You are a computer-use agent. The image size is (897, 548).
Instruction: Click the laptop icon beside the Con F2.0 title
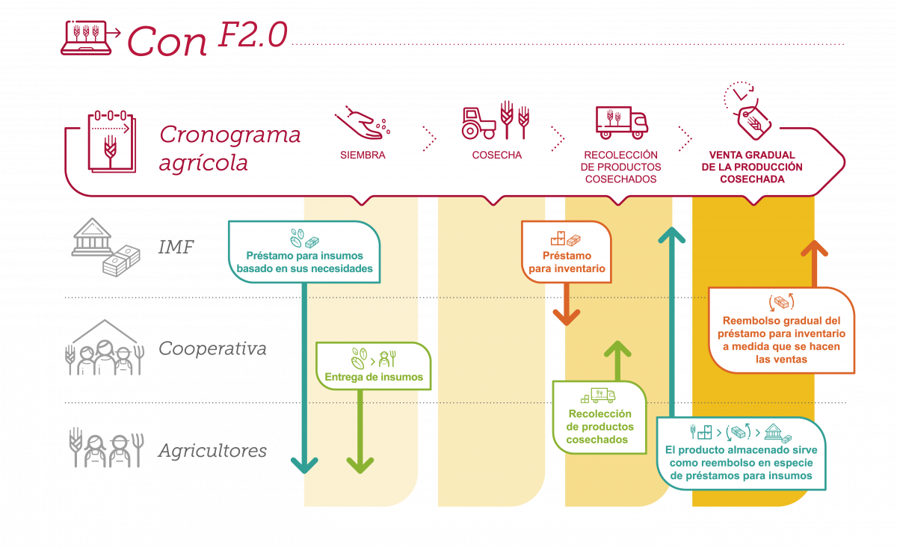88,38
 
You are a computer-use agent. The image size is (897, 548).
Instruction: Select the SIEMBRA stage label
363,156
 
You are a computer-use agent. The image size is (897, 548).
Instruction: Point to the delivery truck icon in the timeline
621,122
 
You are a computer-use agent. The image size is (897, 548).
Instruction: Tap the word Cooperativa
212,349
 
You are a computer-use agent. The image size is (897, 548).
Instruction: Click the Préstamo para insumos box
304,253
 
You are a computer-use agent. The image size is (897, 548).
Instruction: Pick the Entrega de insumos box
374,366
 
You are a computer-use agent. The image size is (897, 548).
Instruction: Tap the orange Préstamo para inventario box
567,252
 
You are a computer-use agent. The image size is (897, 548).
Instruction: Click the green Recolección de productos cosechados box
599,417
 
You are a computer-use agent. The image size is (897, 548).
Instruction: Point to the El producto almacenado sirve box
741,454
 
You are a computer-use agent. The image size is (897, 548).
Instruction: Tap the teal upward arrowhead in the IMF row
672,235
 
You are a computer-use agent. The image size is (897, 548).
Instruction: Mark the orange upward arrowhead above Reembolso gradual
814,249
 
